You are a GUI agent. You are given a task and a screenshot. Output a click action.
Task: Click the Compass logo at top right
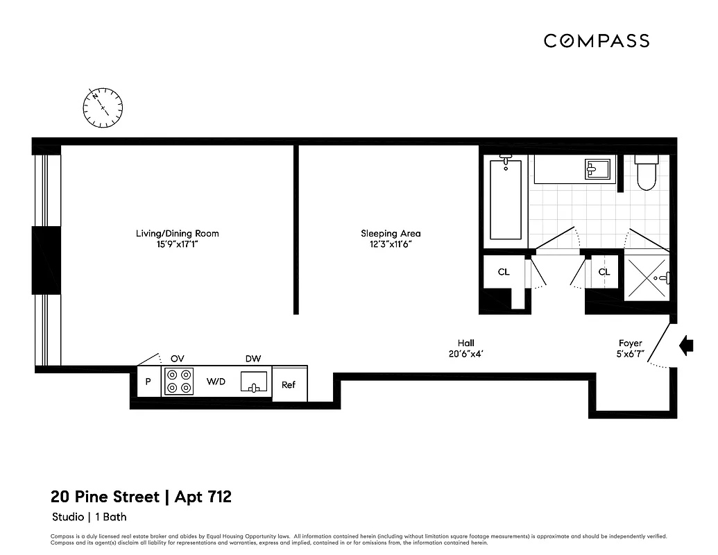click(596, 41)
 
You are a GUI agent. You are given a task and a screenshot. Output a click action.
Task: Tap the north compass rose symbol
click(103, 108)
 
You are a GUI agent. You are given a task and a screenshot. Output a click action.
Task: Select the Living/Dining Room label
click(177, 234)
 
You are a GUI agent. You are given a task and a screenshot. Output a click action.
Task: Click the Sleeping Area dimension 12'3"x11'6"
click(391, 244)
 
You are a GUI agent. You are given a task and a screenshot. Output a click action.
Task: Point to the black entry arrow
click(686, 345)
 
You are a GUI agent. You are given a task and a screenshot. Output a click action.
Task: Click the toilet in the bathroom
click(646, 173)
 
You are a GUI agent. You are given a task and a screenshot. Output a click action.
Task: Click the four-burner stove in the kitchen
click(178, 381)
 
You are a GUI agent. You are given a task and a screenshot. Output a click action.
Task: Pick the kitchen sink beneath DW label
click(254, 382)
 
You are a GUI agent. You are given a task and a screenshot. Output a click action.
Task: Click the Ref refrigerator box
click(289, 384)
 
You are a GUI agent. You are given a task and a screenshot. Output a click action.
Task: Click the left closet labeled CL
click(504, 272)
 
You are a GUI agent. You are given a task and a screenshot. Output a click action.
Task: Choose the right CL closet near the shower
click(604, 272)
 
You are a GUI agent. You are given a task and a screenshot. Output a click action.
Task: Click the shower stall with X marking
click(647, 277)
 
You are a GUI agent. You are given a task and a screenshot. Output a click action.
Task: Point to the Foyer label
click(631, 343)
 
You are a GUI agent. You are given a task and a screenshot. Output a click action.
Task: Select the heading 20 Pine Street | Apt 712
click(141, 497)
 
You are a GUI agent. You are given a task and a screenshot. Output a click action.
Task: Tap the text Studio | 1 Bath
click(89, 517)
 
